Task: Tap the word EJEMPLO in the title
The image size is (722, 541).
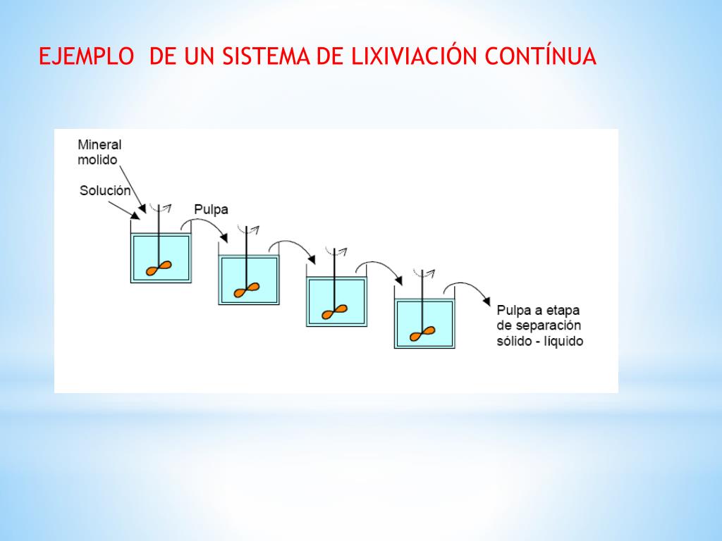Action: (86, 56)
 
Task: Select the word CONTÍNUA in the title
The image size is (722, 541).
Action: (541, 56)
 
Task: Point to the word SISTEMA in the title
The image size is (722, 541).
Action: (266, 56)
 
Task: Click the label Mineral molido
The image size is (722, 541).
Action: (99, 152)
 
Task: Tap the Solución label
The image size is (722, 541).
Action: (105, 190)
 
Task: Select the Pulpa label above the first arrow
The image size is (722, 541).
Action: (211, 209)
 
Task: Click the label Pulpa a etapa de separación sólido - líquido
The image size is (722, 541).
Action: (539, 325)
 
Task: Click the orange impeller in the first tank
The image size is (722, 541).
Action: (159, 268)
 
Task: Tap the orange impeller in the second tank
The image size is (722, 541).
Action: (247, 290)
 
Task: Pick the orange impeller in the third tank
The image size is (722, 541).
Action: (334, 312)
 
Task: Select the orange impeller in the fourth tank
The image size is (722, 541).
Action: (422, 334)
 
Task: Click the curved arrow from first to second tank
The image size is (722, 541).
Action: (204, 220)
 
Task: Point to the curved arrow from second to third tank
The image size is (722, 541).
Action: (292, 242)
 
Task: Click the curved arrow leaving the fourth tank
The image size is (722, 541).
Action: (467, 285)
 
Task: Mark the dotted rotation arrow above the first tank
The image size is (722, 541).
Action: (161, 208)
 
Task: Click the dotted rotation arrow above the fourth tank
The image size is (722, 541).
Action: (424, 274)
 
